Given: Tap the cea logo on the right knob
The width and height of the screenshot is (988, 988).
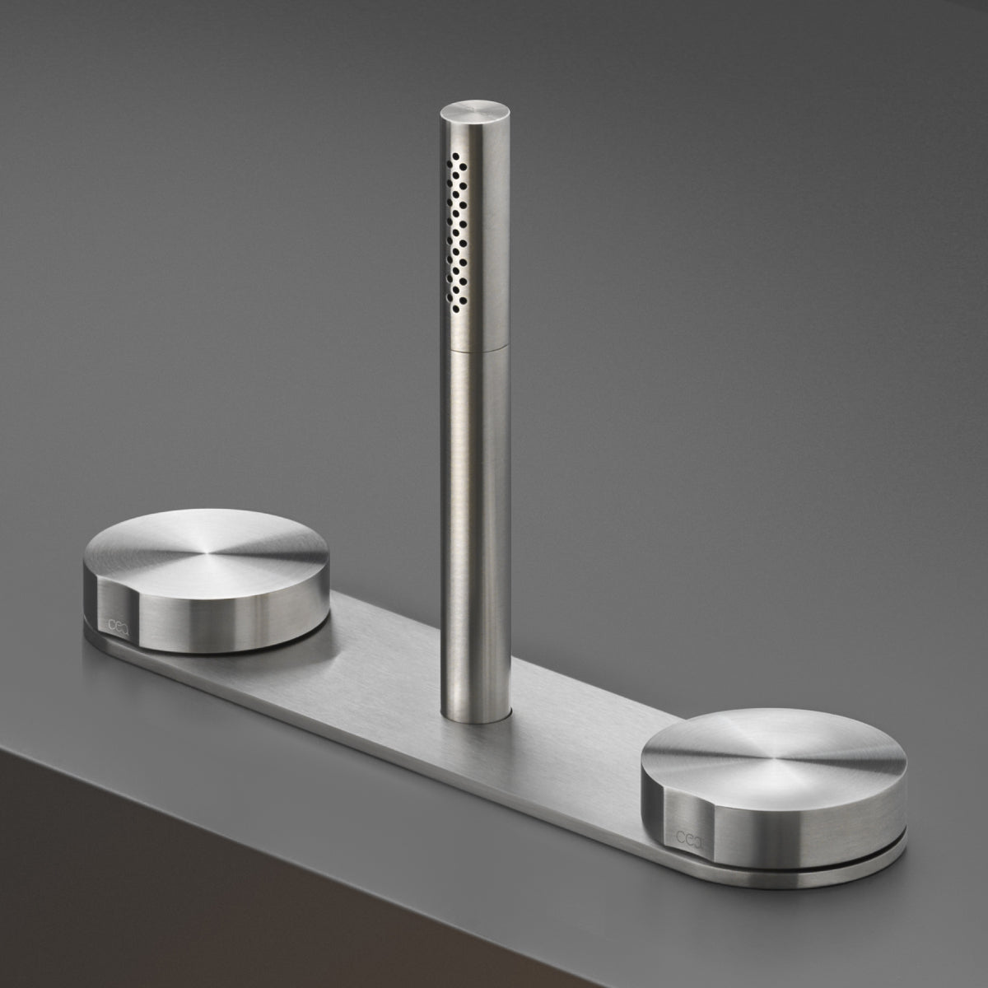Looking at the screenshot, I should (x=686, y=837).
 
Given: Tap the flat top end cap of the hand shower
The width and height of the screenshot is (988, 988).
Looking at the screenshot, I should (x=467, y=114).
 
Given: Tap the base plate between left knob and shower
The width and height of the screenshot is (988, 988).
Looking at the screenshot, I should (x=362, y=659).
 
